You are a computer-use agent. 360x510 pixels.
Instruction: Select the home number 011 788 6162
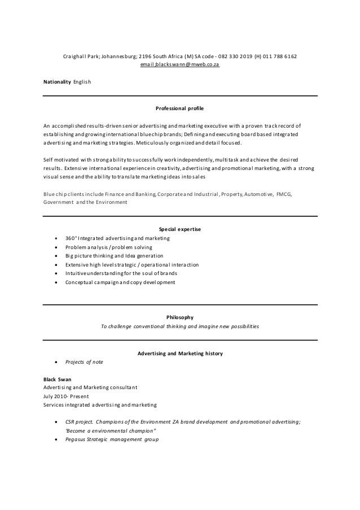279,56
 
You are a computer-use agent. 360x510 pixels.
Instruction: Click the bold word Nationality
58,82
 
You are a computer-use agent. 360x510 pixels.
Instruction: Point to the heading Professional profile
179,107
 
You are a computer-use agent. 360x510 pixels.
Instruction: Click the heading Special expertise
180,229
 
